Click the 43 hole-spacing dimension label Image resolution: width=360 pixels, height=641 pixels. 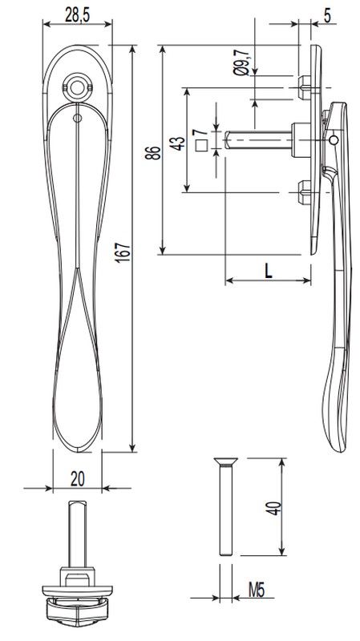pos(177,144)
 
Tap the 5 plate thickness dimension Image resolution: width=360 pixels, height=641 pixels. pos(328,14)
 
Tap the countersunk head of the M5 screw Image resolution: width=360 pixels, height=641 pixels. pos(225,462)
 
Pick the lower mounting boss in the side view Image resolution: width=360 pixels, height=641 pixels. pos(303,192)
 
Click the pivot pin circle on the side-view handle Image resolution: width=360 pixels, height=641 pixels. pos(334,139)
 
